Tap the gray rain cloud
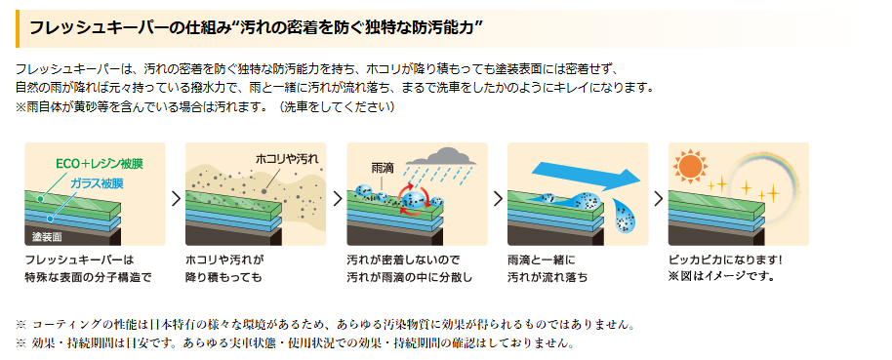coord(440,155)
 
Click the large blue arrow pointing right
coord(586,176)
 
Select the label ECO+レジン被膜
coord(99,164)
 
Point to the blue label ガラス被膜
coord(98,183)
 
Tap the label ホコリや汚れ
coord(287,159)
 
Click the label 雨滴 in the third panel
coord(380,168)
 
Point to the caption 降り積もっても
coord(224,277)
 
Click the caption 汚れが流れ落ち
coord(547,277)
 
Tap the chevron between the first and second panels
coord(176,198)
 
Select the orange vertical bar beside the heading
coord(18,28)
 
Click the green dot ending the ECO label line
coord(40,199)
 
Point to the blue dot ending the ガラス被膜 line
coord(51,218)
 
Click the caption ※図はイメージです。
coord(722,277)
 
